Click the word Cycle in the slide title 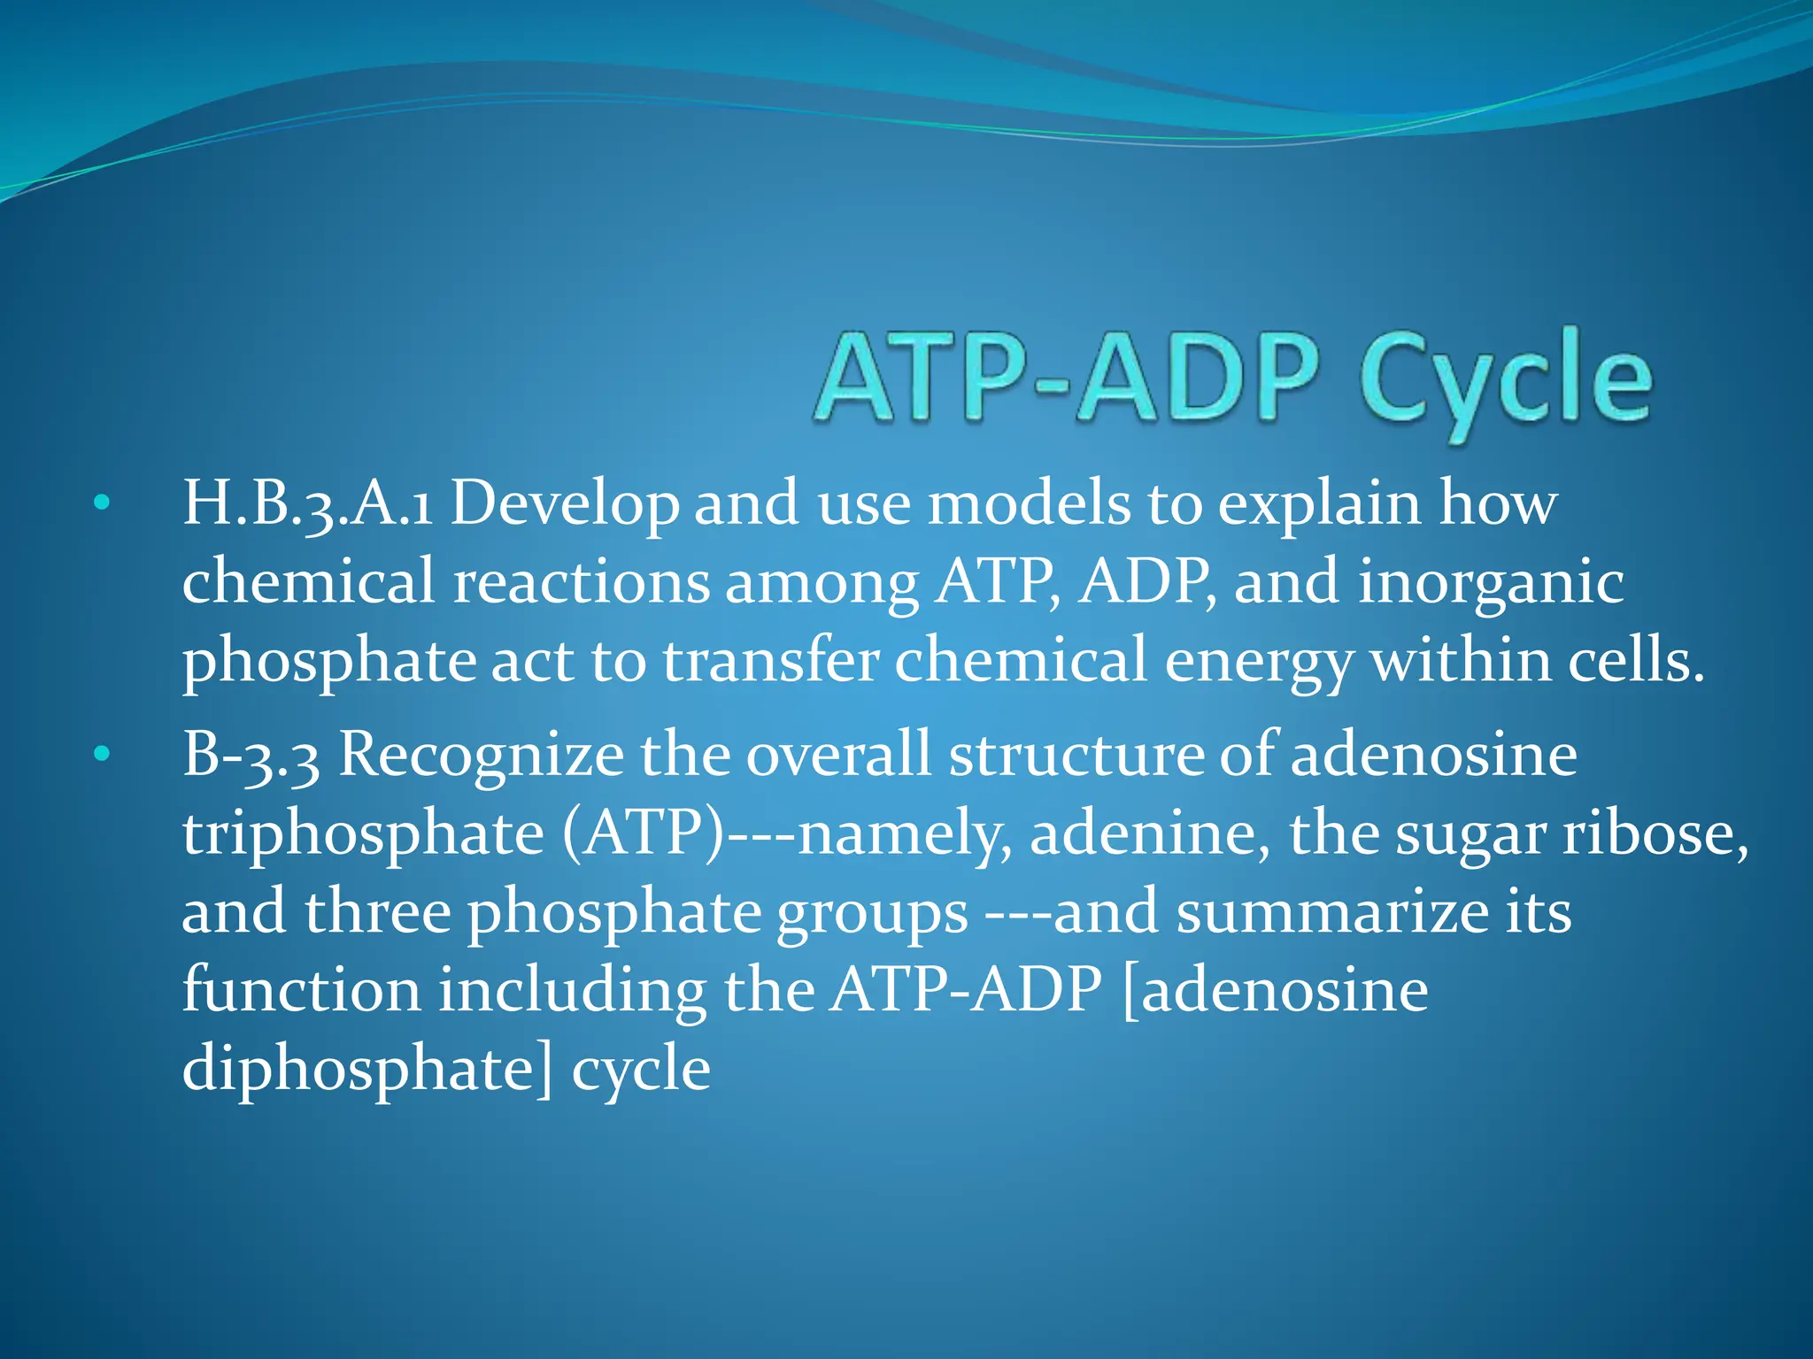pos(1505,380)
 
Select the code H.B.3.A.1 pos(307,504)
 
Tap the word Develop pos(565,504)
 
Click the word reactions pos(581,583)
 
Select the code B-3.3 pos(251,756)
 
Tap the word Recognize pos(482,756)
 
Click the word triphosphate pos(363,834)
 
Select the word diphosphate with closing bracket pos(366,1069)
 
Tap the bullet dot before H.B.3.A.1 pos(103,503)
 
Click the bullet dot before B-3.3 pos(103,755)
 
